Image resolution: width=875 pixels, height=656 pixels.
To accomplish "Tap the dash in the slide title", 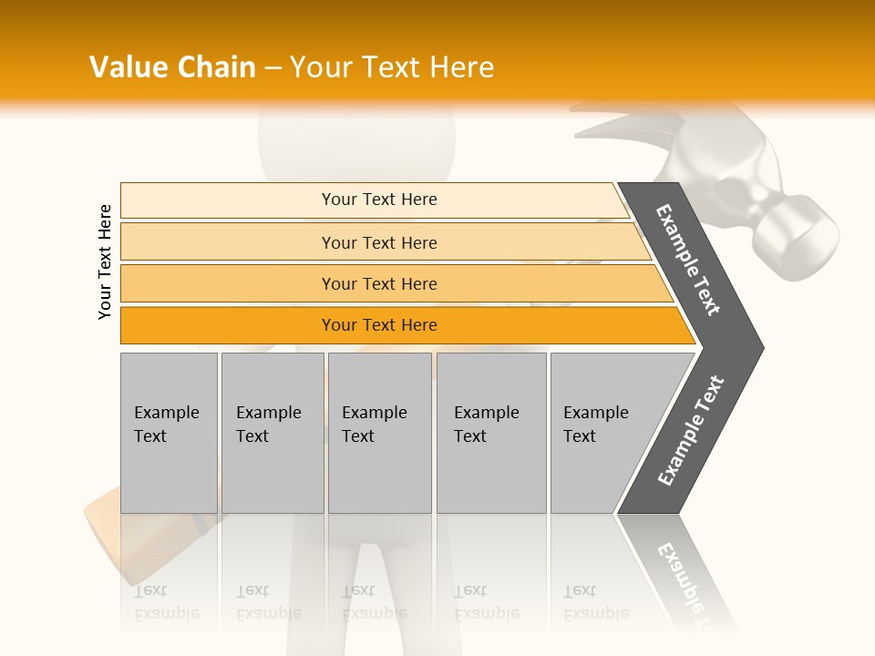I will pyautogui.click(x=273, y=67).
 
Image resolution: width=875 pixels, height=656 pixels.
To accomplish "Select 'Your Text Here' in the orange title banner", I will pyautogui.click(x=392, y=67).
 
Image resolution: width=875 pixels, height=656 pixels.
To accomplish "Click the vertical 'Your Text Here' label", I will pyautogui.click(x=105, y=261).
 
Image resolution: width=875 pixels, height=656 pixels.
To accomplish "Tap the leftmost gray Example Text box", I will pyautogui.click(x=169, y=433).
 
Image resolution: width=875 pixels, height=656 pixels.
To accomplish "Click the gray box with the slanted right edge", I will pyautogui.click(x=602, y=433).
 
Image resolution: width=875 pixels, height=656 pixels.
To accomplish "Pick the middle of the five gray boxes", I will pyautogui.click(x=379, y=433).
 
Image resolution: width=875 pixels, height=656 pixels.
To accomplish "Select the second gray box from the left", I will pyautogui.click(x=273, y=433).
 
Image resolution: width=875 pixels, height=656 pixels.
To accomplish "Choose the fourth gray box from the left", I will pyautogui.click(x=491, y=433).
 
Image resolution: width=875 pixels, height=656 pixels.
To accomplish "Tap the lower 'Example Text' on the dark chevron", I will pyautogui.click(x=690, y=430).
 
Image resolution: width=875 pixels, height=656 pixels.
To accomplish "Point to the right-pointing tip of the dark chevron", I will pyautogui.click(x=760, y=348).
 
